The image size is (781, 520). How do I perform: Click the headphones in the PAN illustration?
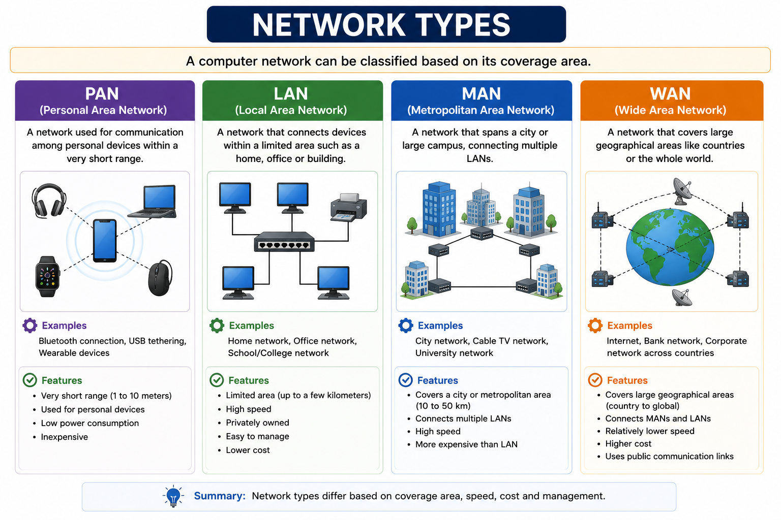pos(49,201)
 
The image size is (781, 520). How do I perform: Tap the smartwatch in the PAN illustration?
pos(48,277)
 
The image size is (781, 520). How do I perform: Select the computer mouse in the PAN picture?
pos(160,278)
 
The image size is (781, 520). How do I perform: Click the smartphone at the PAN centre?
pos(105,240)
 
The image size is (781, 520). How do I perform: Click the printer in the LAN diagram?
pos(348,207)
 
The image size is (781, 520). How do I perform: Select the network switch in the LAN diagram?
pos(284,242)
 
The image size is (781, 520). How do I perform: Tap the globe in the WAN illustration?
pos(670,247)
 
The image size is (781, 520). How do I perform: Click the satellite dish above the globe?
pos(682,191)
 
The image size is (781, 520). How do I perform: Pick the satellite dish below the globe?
pos(682,298)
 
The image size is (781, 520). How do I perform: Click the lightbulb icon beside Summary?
pos(173,496)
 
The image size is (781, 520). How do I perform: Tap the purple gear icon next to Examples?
pos(30,326)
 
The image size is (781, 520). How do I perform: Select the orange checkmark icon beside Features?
pos(595,380)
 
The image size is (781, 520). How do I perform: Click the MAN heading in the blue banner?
pos(481,93)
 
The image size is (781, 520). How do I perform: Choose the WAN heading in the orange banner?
pos(670,93)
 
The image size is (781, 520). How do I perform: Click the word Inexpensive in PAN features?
pos(65,437)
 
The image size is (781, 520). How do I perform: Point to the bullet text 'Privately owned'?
pos(257,422)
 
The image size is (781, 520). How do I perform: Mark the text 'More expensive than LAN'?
pos(466,444)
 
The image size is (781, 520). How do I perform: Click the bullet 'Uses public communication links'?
pos(670,456)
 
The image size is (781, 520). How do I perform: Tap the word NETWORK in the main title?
pos(328,25)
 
